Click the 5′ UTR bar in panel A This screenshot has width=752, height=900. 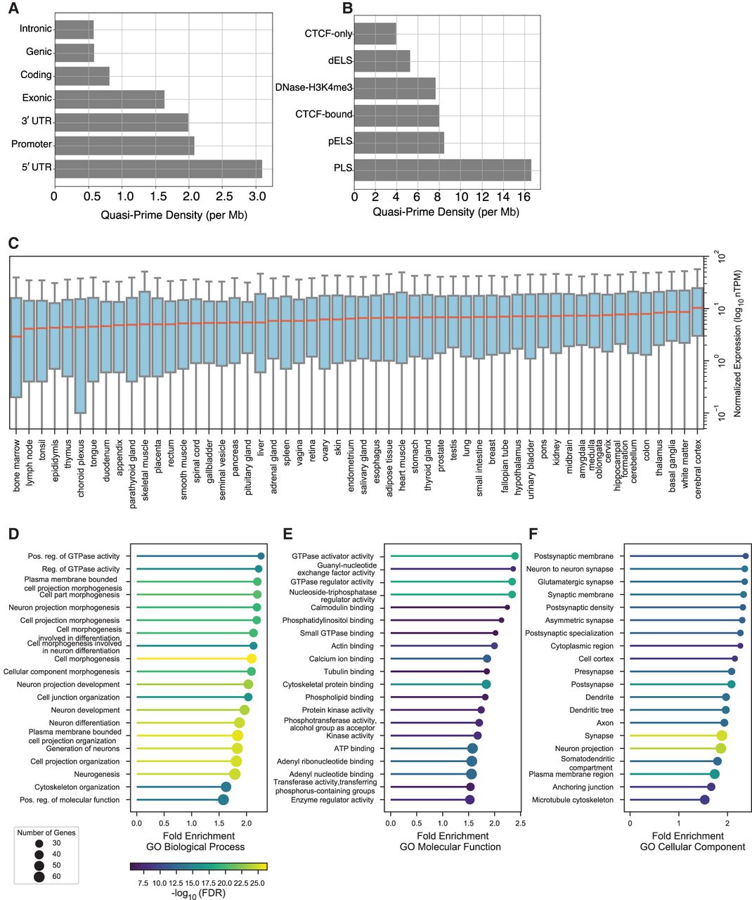click(x=157, y=169)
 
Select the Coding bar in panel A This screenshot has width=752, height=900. click(x=82, y=76)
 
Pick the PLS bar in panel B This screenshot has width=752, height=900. click(x=442, y=169)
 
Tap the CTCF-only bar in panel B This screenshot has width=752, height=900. click(x=375, y=34)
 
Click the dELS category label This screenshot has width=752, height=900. click(x=337, y=61)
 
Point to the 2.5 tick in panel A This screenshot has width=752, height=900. click(x=223, y=197)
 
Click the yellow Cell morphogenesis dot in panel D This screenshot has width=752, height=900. click(x=251, y=659)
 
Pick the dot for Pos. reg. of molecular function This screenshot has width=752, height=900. click(x=223, y=800)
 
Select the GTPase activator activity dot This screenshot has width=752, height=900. click(x=515, y=556)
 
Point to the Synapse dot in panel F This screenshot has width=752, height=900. click(x=722, y=735)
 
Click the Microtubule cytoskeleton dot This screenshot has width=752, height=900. click(x=704, y=800)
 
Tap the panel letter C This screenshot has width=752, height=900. click(x=12, y=243)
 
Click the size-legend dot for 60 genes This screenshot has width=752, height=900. click(x=39, y=876)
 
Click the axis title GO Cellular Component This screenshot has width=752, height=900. click(x=692, y=847)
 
